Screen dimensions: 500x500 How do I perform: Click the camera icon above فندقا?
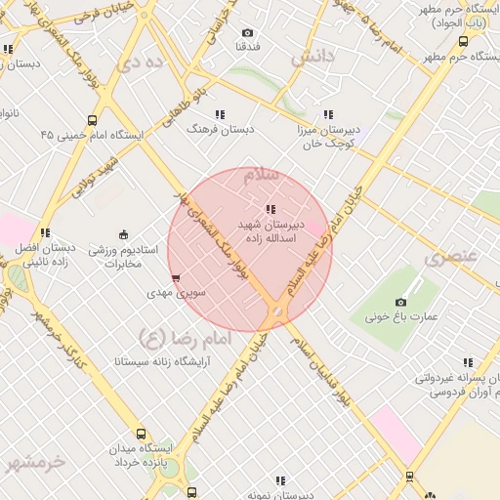(246, 32)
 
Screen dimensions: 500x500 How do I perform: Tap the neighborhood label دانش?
(312, 56)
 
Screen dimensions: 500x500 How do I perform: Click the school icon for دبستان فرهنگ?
(220, 114)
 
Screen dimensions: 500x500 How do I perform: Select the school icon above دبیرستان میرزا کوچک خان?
(328, 114)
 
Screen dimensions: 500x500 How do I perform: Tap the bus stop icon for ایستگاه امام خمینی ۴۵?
(92, 121)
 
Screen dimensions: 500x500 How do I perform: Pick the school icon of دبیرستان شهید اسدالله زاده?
(271, 209)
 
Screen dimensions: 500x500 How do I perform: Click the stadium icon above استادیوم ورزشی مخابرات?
(123, 233)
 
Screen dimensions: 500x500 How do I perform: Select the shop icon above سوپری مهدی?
(176, 278)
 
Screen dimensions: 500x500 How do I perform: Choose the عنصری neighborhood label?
(451, 257)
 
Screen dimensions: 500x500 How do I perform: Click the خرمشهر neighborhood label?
(37, 461)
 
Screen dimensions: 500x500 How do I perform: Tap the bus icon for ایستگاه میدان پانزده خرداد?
(142, 435)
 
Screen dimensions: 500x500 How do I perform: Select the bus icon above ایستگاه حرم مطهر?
(463, 42)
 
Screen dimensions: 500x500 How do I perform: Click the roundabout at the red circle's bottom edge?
(277, 312)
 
